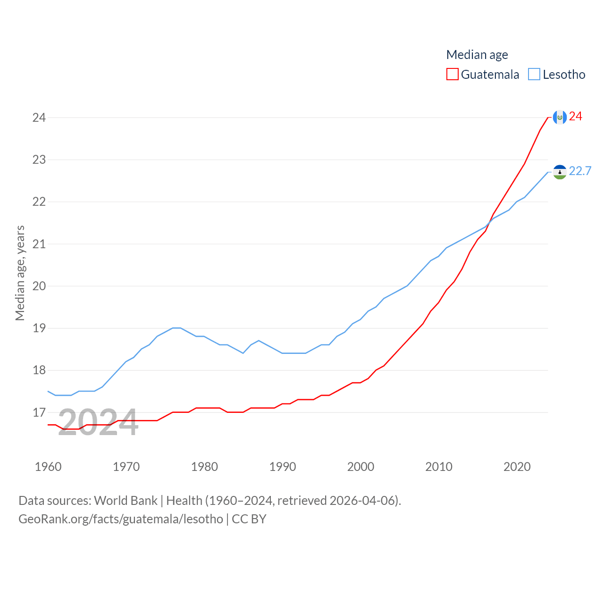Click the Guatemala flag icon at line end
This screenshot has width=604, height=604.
560,117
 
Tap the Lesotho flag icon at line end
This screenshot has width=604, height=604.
560,172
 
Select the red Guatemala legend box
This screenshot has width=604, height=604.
452,74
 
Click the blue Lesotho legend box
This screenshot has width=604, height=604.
534,74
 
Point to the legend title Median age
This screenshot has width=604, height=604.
477,55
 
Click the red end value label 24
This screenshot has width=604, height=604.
576,116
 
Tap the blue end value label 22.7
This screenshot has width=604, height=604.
580,171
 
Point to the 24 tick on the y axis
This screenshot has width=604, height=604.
39,117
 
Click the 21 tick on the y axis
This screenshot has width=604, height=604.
39,244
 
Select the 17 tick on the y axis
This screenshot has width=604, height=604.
39,412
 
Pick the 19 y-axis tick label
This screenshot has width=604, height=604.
39,328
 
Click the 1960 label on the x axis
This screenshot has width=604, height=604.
48,467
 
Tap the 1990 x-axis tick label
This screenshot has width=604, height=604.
283,467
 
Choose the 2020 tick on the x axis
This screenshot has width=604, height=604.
517,467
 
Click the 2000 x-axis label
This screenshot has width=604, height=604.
361,467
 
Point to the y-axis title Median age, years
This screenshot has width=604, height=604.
20,273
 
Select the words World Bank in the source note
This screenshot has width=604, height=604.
126,500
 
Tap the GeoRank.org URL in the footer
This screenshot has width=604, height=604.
121,519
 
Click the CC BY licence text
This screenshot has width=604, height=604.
249,519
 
